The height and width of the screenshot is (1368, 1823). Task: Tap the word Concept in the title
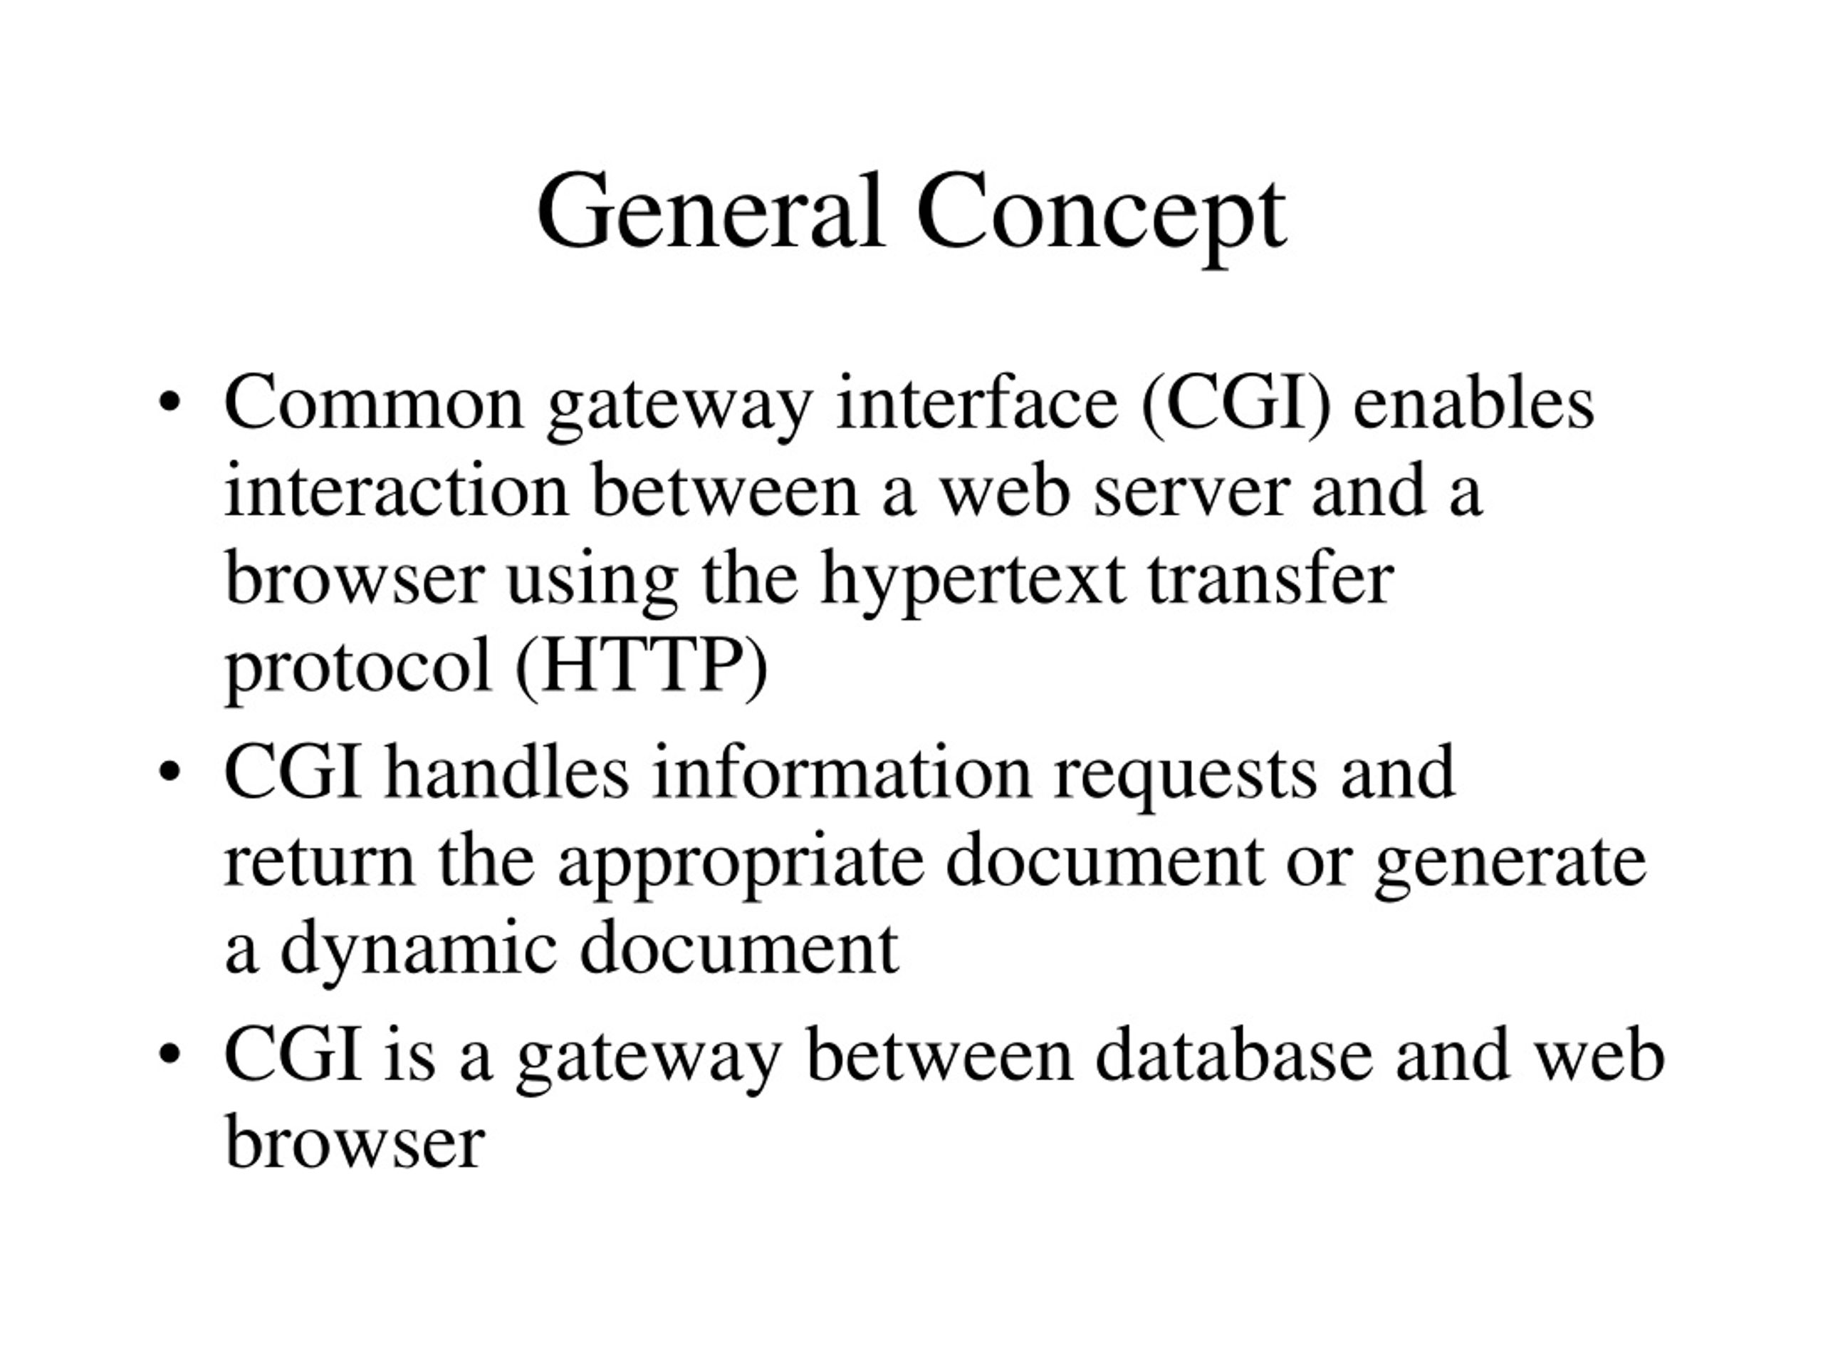pyautogui.click(x=1101, y=217)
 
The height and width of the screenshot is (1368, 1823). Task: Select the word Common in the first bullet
pyautogui.click(x=373, y=403)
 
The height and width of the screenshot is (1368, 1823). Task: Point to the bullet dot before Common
pyautogui.click(x=169, y=403)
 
